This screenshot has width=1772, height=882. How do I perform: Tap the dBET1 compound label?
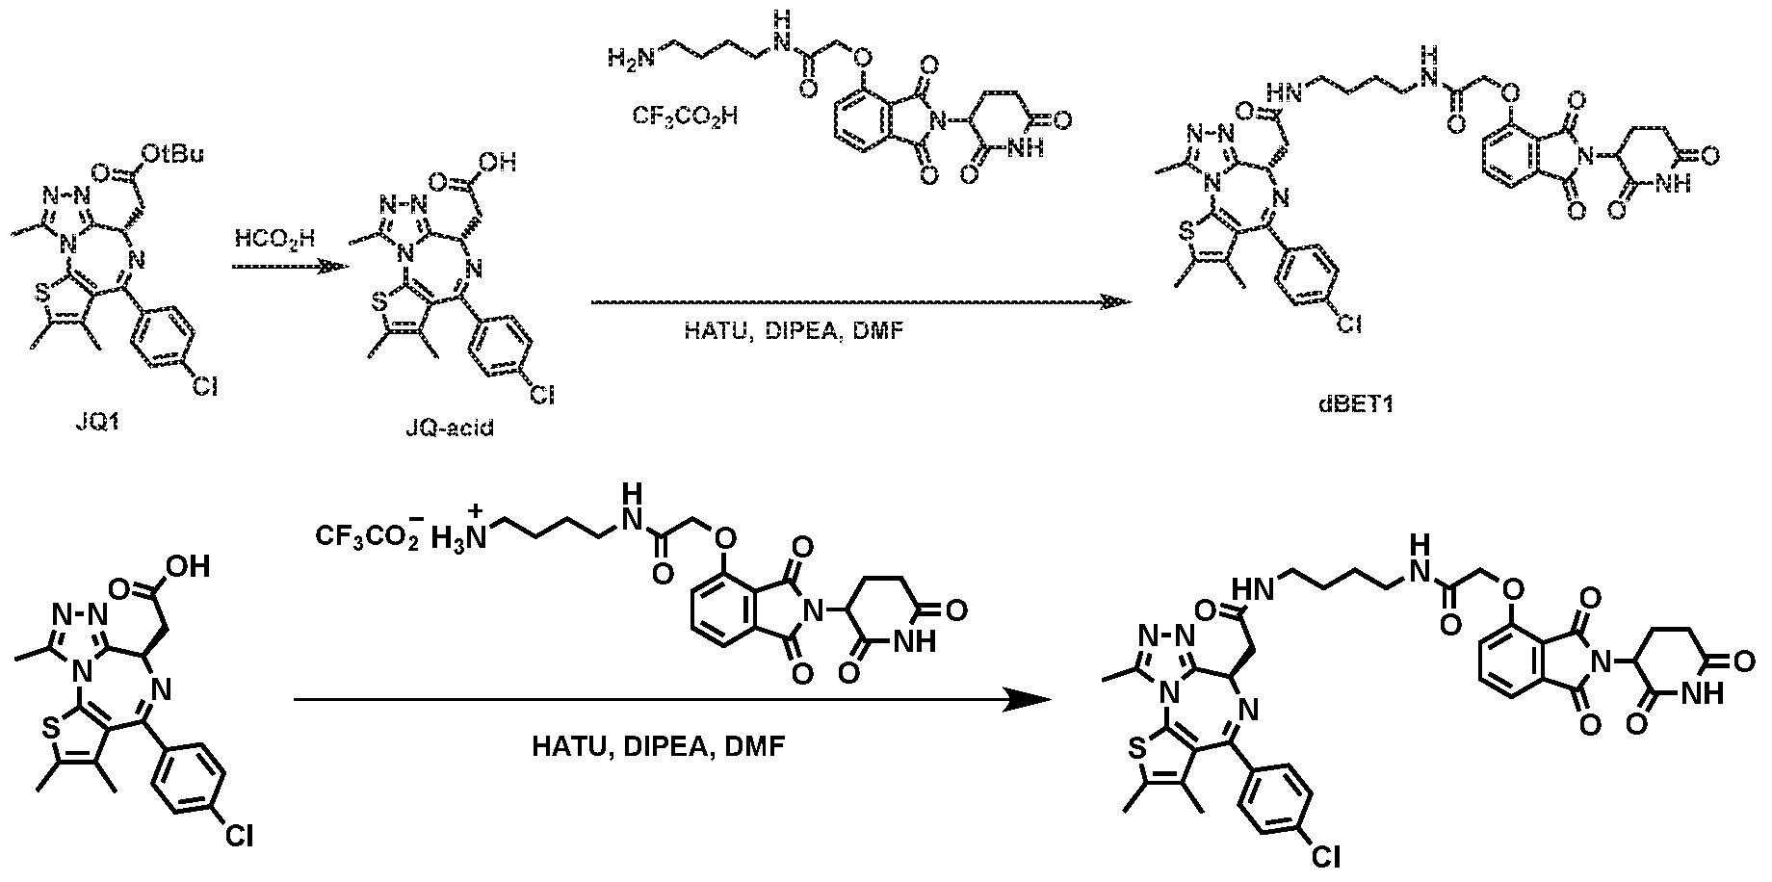coord(1362,405)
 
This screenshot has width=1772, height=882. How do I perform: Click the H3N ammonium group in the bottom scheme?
coord(460,530)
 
